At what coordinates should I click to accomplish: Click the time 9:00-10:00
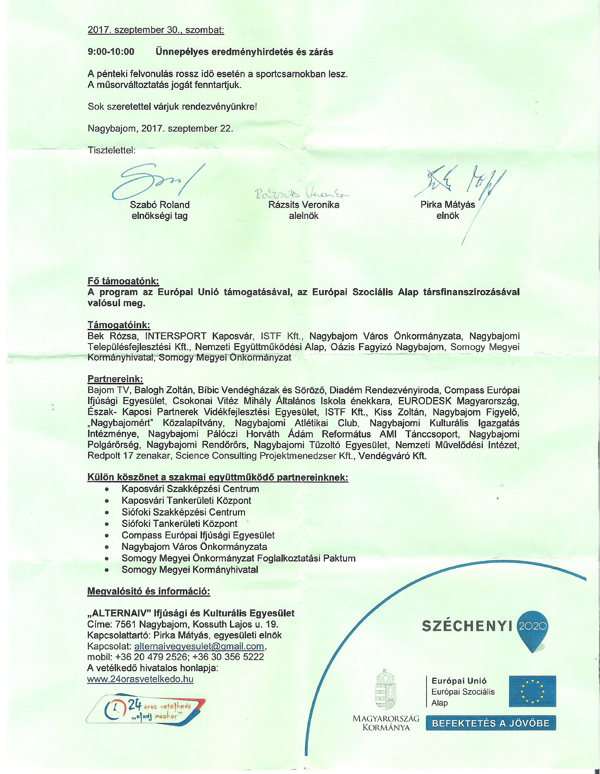point(111,52)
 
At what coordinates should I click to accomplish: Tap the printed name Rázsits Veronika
point(303,205)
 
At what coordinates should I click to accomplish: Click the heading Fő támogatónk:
point(123,281)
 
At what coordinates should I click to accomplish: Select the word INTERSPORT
point(176,336)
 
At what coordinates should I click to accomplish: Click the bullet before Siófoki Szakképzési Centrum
point(107,513)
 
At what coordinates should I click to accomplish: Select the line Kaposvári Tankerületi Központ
point(186,500)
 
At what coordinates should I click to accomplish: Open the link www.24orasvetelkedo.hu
point(140,679)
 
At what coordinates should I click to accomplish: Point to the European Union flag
point(532,691)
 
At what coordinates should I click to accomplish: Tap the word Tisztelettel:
point(112,150)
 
